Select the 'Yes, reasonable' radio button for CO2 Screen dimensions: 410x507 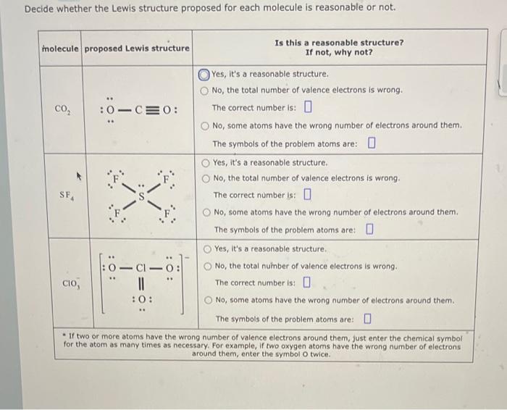(x=205, y=75)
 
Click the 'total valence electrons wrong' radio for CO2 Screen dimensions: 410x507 (x=205, y=91)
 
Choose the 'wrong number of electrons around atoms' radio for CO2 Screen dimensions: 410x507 (x=205, y=126)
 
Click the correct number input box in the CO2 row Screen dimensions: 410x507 (x=308, y=109)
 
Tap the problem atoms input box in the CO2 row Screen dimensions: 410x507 (x=371, y=143)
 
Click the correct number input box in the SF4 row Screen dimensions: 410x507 (x=308, y=195)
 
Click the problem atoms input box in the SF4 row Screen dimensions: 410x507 (x=369, y=230)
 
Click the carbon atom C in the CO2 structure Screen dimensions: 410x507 (x=135, y=111)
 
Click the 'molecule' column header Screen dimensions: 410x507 (x=61, y=48)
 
